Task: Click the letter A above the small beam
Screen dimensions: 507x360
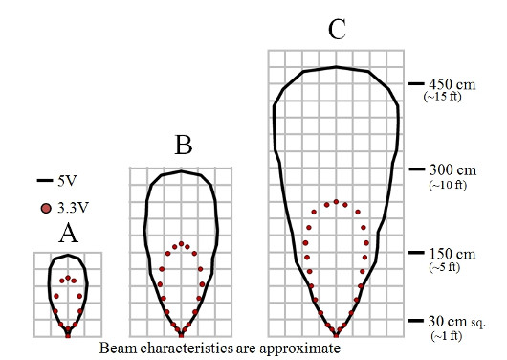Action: [68, 234]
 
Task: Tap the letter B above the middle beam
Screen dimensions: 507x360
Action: [184, 145]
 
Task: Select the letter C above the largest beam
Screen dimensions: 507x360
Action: [337, 30]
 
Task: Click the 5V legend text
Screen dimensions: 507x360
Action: [67, 181]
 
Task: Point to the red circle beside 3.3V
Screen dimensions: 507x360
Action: [46, 208]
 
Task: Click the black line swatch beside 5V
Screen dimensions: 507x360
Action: [45, 180]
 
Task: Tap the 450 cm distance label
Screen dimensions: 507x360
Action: [452, 84]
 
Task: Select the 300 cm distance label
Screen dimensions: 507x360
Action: [452, 169]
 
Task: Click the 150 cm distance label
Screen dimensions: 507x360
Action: [452, 254]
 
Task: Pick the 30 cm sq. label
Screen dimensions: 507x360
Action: [457, 322]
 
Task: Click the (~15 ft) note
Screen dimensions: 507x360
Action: [442, 97]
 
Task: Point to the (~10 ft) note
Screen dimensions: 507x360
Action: [448, 185]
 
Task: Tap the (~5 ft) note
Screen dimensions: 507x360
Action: [444, 267]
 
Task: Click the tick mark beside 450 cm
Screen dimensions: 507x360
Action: [416, 83]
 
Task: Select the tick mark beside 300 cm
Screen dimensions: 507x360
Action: [417, 169]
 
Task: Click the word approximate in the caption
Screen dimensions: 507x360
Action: [299, 349]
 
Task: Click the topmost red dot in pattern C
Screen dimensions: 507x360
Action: [336, 202]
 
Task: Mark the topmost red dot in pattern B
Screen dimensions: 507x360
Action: [181, 243]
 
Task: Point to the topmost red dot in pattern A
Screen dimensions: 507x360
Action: [68, 278]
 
